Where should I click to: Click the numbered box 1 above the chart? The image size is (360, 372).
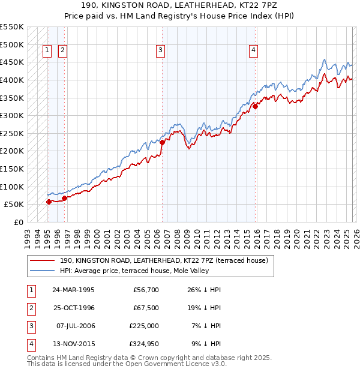pyautogui.click(x=47, y=51)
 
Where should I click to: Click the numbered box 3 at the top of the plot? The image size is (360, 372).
pyautogui.click(x=161, y=51)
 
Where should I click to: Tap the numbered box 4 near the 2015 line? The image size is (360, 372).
pyautogui.click(x=254, y=51)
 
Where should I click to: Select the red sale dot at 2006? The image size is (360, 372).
pyautogui.click(x=162, y=142)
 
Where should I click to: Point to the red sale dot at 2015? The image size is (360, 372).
pyautogui.click(x=255, y=106)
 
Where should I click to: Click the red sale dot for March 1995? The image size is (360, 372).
pyautogui.click(x=49, y=202)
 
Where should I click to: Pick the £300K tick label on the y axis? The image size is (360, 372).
pyautogui.click(x=12, y=115)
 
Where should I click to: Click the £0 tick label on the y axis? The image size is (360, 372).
pyautogui.click(x=19, y=222)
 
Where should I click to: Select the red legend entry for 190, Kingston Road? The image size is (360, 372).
pyautogui.click(x=167, y=260)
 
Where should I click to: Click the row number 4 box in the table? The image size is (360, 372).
pyautogui.click(x=30, y=344)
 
